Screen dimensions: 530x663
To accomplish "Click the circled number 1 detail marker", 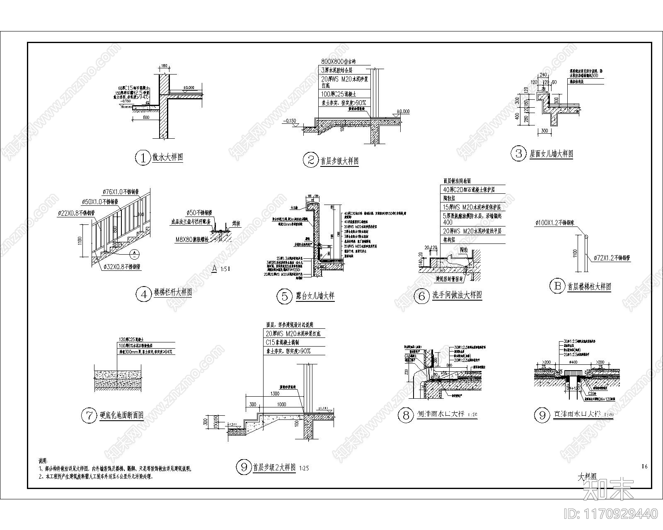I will click(x=143, y=158).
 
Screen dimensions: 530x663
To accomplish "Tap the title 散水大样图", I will click(x=167, y=158).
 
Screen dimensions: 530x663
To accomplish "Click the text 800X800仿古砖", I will click(x=339, y=61).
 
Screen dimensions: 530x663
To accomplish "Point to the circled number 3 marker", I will click(x=518, y=154).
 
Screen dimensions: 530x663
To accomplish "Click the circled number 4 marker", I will click(x=143, y=294).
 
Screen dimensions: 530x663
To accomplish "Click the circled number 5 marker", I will click(x=284, y=296).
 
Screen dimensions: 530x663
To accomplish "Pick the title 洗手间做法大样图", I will click(x=457, y=295).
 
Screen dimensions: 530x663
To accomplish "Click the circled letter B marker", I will click(x=557, y=286).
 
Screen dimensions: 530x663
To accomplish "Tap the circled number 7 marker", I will click(x=89, y=415).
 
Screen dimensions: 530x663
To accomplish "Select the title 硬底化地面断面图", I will click(x=121, y=415).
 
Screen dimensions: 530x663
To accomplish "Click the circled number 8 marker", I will click(x=405, y=415).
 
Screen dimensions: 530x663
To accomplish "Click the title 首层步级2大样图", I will click(x=274, y=468).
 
